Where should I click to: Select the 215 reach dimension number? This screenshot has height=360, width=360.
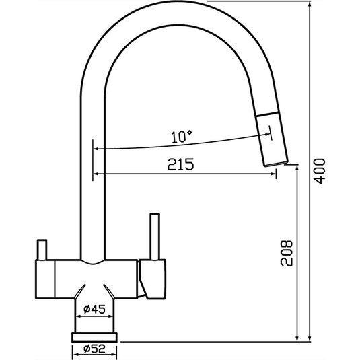181,164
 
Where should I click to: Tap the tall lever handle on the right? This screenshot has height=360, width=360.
154,238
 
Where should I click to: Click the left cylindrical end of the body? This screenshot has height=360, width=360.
43,279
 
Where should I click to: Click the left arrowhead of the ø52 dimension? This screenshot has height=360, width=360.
72,349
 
